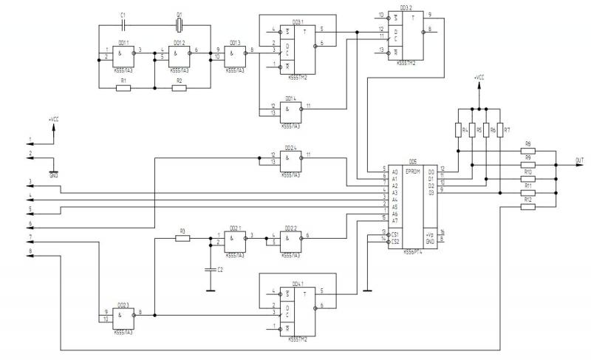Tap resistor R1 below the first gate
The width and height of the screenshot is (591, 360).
pos(124,88)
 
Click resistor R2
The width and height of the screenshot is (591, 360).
pos(179,88)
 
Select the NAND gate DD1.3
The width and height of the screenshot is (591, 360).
pos(235,53)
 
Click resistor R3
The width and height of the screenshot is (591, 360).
pos(182,238)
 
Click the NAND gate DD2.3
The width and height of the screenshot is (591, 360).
pos(123,316)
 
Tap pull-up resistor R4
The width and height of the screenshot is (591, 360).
pos(458,130)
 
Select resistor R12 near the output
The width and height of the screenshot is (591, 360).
pos(527,207)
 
